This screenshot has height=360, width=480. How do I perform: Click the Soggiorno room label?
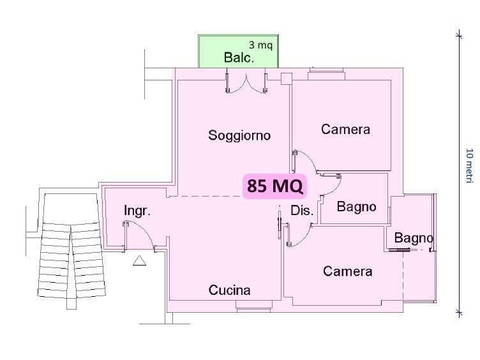(239, 135)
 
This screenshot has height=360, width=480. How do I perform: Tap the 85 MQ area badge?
(274, 186)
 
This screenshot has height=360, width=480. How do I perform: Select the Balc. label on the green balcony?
(239, 57)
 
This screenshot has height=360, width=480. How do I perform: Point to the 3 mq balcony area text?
(260, 45)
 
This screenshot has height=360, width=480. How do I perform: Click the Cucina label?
(229, 290)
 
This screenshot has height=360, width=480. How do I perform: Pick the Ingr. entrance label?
(137, 211)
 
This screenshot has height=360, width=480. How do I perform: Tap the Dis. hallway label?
(302, 211)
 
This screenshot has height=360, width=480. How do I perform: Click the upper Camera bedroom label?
(345, 129)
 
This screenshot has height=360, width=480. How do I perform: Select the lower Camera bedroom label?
(347, 271)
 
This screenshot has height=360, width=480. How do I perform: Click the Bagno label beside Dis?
(356, 207)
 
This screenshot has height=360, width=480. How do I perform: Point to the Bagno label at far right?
(414, 238)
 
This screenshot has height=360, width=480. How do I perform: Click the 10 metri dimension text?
(469, 165)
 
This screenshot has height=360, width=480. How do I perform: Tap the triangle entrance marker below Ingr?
(139, 260)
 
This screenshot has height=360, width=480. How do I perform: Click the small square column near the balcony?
(287, 79)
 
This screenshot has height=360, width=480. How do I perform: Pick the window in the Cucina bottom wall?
(254, 306)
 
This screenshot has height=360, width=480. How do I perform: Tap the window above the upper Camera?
(326, 74)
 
